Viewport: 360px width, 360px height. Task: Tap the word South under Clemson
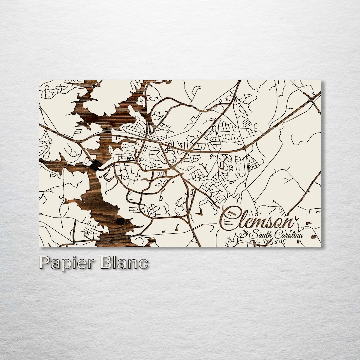click(262, 234)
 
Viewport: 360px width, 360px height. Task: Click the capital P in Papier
click(45, 263)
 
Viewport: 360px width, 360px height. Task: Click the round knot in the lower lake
click(120, 221)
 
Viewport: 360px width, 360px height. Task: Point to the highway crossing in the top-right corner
click(311, 99)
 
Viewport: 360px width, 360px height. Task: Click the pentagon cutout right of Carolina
click(313, 236)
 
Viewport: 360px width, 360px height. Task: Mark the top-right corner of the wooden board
click(321, 81)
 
